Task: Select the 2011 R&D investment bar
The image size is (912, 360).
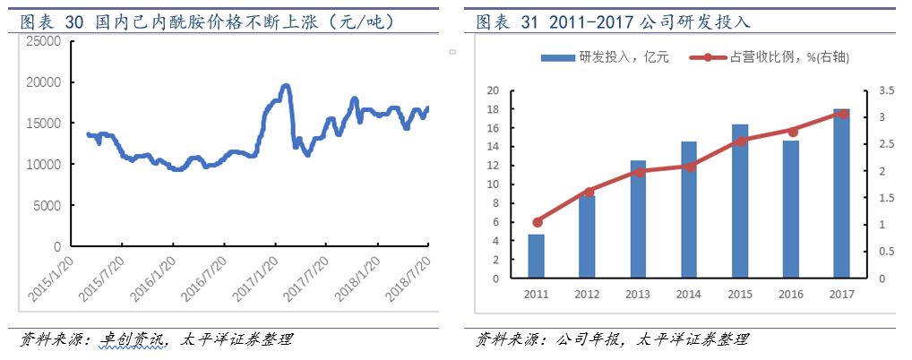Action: click(536, 256)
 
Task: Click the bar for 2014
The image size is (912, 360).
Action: click(689, 210)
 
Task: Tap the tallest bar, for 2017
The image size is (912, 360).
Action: click(841, 193)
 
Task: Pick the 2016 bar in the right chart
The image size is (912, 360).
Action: click(790, 210)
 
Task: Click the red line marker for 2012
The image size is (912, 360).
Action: click(588, 192)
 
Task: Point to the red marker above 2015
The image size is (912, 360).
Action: click(740, 141)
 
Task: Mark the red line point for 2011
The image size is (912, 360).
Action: click(537, 222)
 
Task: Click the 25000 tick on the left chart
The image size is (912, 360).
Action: click(41, 41)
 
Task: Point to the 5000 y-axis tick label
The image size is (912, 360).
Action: click(45, 205)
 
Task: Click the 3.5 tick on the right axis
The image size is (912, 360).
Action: click(882, 90)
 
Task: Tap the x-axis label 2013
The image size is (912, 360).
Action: click(638, 294)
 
